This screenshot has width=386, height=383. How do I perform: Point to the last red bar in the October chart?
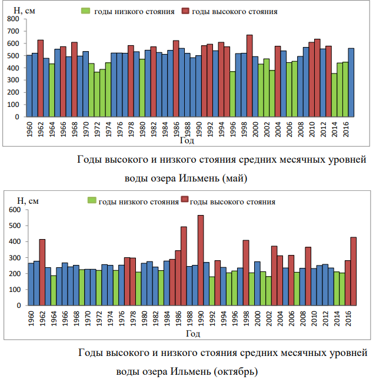click(353, 271)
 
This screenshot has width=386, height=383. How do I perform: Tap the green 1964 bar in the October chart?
click(54, 290)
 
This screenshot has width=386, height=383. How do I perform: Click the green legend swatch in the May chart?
click(85, 11)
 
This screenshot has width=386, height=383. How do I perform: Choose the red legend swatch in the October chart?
click(185, 201)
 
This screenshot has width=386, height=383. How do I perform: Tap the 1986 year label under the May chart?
click(176, 129)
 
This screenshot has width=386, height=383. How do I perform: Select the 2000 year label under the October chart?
click(257, 319)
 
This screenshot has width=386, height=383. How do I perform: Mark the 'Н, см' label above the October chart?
click(28, 201)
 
